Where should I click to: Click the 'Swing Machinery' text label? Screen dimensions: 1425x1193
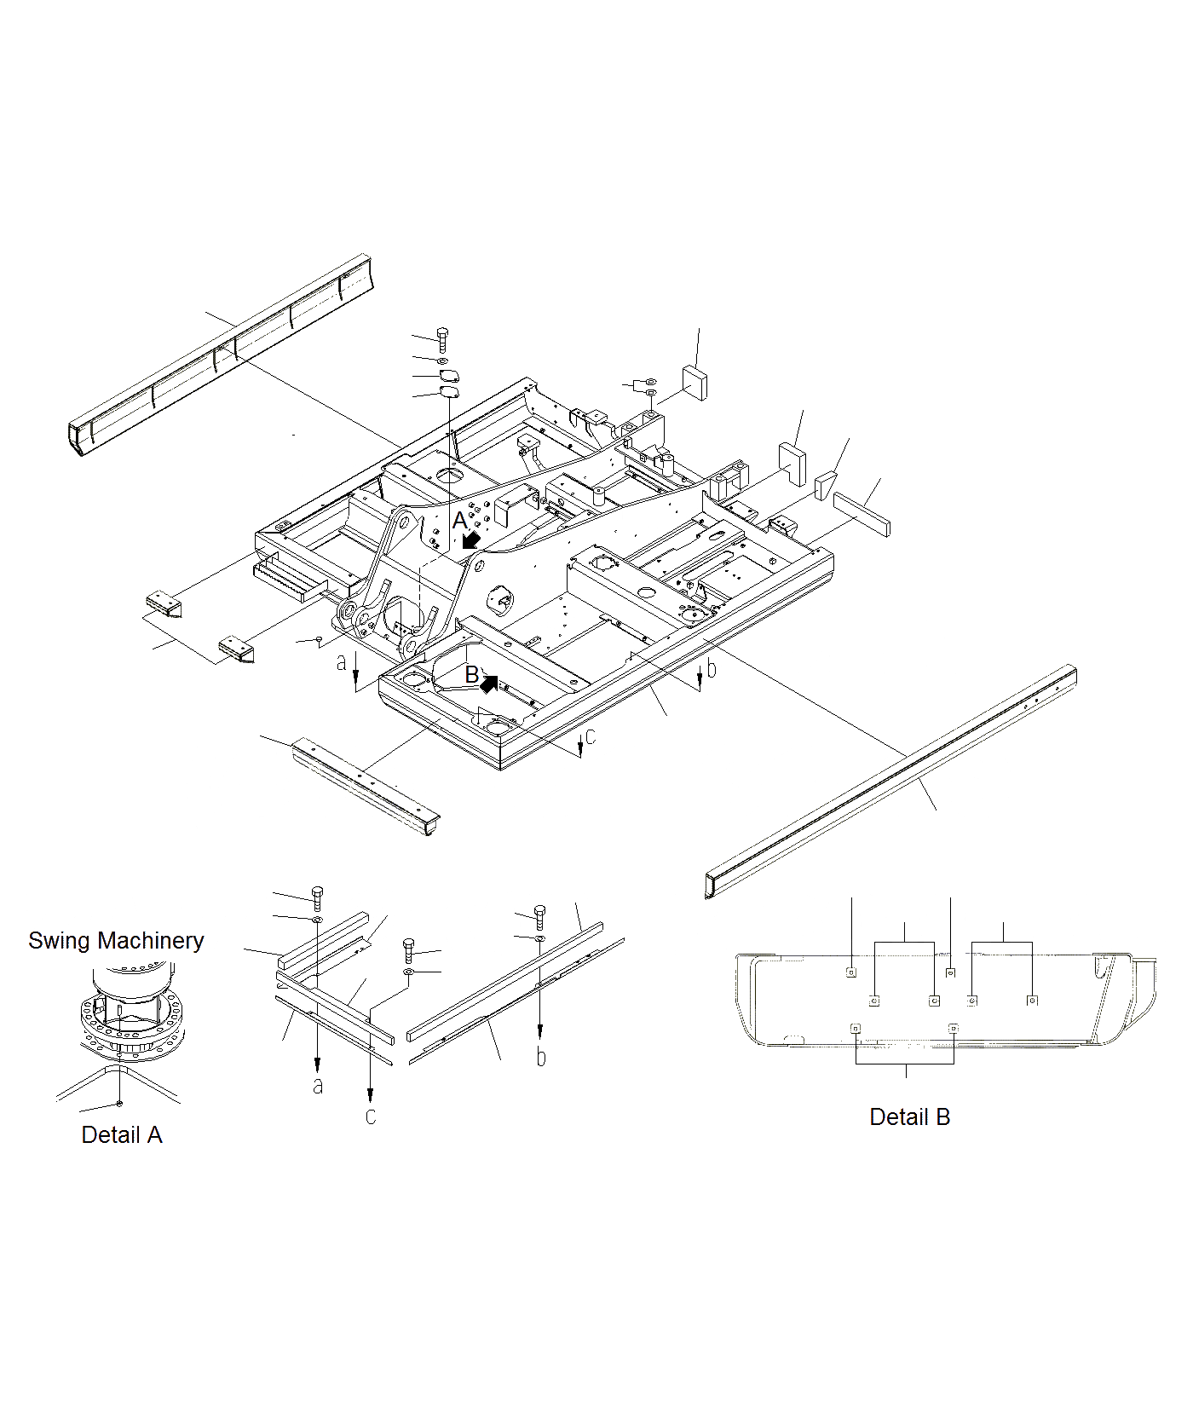pos(116,941)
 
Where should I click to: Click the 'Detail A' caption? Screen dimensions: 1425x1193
pos(121,1135)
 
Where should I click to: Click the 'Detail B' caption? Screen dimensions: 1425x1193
pos(909,1117)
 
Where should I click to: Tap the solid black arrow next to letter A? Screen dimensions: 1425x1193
pos(470,539)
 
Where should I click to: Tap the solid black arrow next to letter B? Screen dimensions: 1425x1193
pos(489,683)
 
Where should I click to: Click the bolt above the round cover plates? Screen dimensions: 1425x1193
pos(441,339)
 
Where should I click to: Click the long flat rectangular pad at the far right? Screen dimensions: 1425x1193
pos(861,513)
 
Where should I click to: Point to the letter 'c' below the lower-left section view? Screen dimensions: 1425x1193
pos(371,1116)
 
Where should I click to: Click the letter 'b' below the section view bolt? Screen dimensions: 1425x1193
pos(541,1057)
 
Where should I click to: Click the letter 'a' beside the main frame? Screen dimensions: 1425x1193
pos(342,662)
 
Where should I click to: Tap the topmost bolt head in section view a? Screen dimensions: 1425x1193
pos(317,892)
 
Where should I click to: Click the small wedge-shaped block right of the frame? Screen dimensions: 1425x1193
pos(825,486)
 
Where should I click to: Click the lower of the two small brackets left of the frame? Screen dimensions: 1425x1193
pos(236,648)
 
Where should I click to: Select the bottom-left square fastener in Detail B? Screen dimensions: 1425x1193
pos(856,1029)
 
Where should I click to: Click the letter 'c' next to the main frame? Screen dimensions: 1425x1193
pos(591,736)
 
